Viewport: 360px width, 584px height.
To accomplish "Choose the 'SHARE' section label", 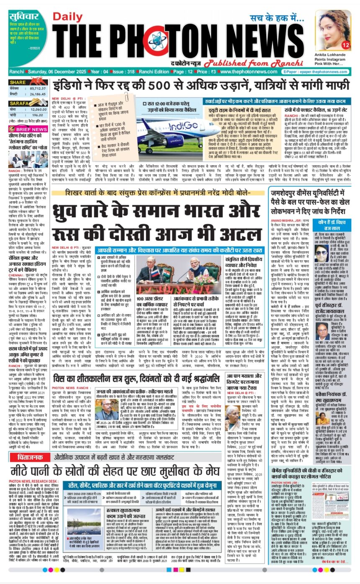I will click(x=18, y=82).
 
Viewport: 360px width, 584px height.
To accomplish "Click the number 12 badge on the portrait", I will click(x=346, y=44).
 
